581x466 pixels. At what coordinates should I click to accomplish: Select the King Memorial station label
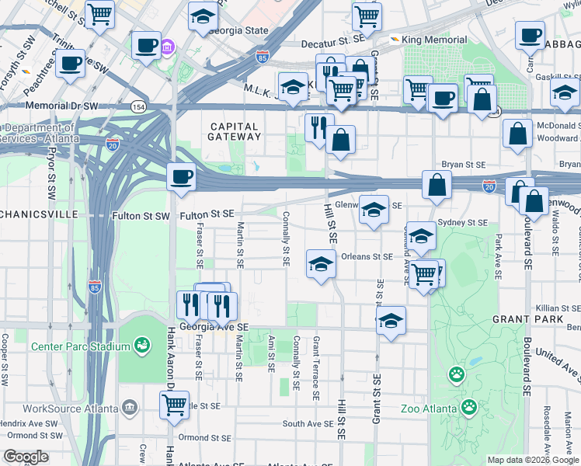(435, 40)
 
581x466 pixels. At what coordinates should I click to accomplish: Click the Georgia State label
(240, 31)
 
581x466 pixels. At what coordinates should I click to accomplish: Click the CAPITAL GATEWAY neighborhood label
(233, 131)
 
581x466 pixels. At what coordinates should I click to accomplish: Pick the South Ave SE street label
(308, 423)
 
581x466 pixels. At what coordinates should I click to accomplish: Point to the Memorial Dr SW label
(62, 105)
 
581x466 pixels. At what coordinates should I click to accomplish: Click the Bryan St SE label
(463, 165)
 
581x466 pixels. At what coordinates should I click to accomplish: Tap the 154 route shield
(138, 107)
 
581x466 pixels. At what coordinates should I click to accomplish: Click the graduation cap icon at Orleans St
(320, 264)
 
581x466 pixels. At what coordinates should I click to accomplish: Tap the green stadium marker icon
(141, 344)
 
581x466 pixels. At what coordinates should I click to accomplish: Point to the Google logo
(26, 457)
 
